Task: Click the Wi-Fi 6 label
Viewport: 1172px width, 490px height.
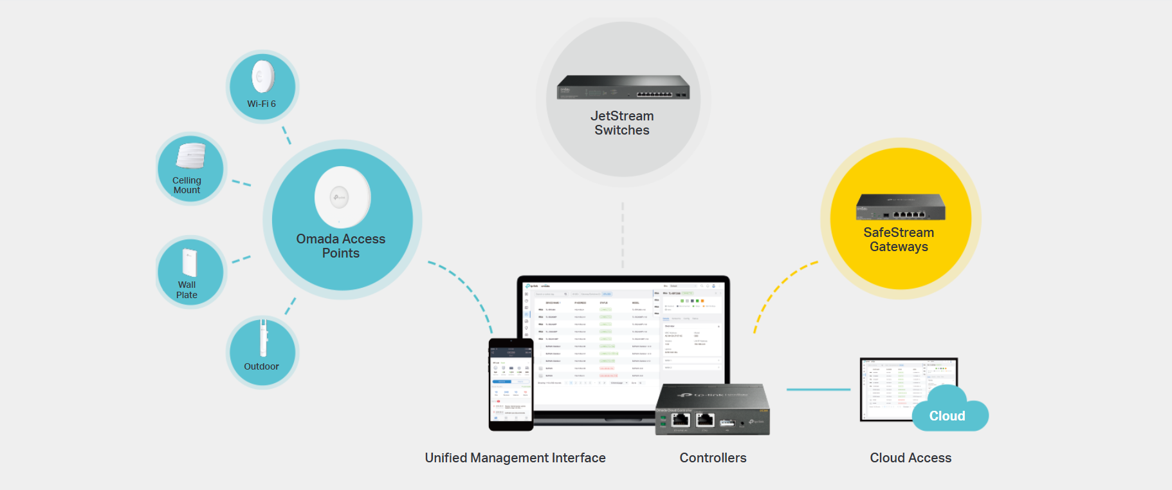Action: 261,104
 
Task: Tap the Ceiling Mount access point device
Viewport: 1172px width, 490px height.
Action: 191,155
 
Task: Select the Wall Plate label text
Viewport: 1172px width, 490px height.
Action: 187,290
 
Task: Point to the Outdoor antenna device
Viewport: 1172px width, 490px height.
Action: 263,337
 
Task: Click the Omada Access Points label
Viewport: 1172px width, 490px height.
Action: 341,246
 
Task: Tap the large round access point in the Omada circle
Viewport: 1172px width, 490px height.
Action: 342,197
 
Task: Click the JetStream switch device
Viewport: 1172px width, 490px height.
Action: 623,88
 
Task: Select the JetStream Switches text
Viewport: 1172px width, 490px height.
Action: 622,123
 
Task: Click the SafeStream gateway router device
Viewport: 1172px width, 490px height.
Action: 901,207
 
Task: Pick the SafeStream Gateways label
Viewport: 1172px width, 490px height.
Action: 899,240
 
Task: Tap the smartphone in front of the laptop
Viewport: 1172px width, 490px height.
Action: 511,384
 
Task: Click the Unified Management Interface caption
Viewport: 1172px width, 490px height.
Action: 515,458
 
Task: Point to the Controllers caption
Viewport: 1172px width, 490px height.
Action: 713,458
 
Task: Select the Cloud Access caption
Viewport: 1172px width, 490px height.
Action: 910,458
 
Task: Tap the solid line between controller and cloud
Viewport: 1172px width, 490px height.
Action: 818,390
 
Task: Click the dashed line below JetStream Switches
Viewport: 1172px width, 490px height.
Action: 623,235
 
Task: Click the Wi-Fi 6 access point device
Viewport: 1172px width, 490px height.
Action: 262,77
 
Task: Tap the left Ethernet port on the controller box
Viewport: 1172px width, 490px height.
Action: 680,420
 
